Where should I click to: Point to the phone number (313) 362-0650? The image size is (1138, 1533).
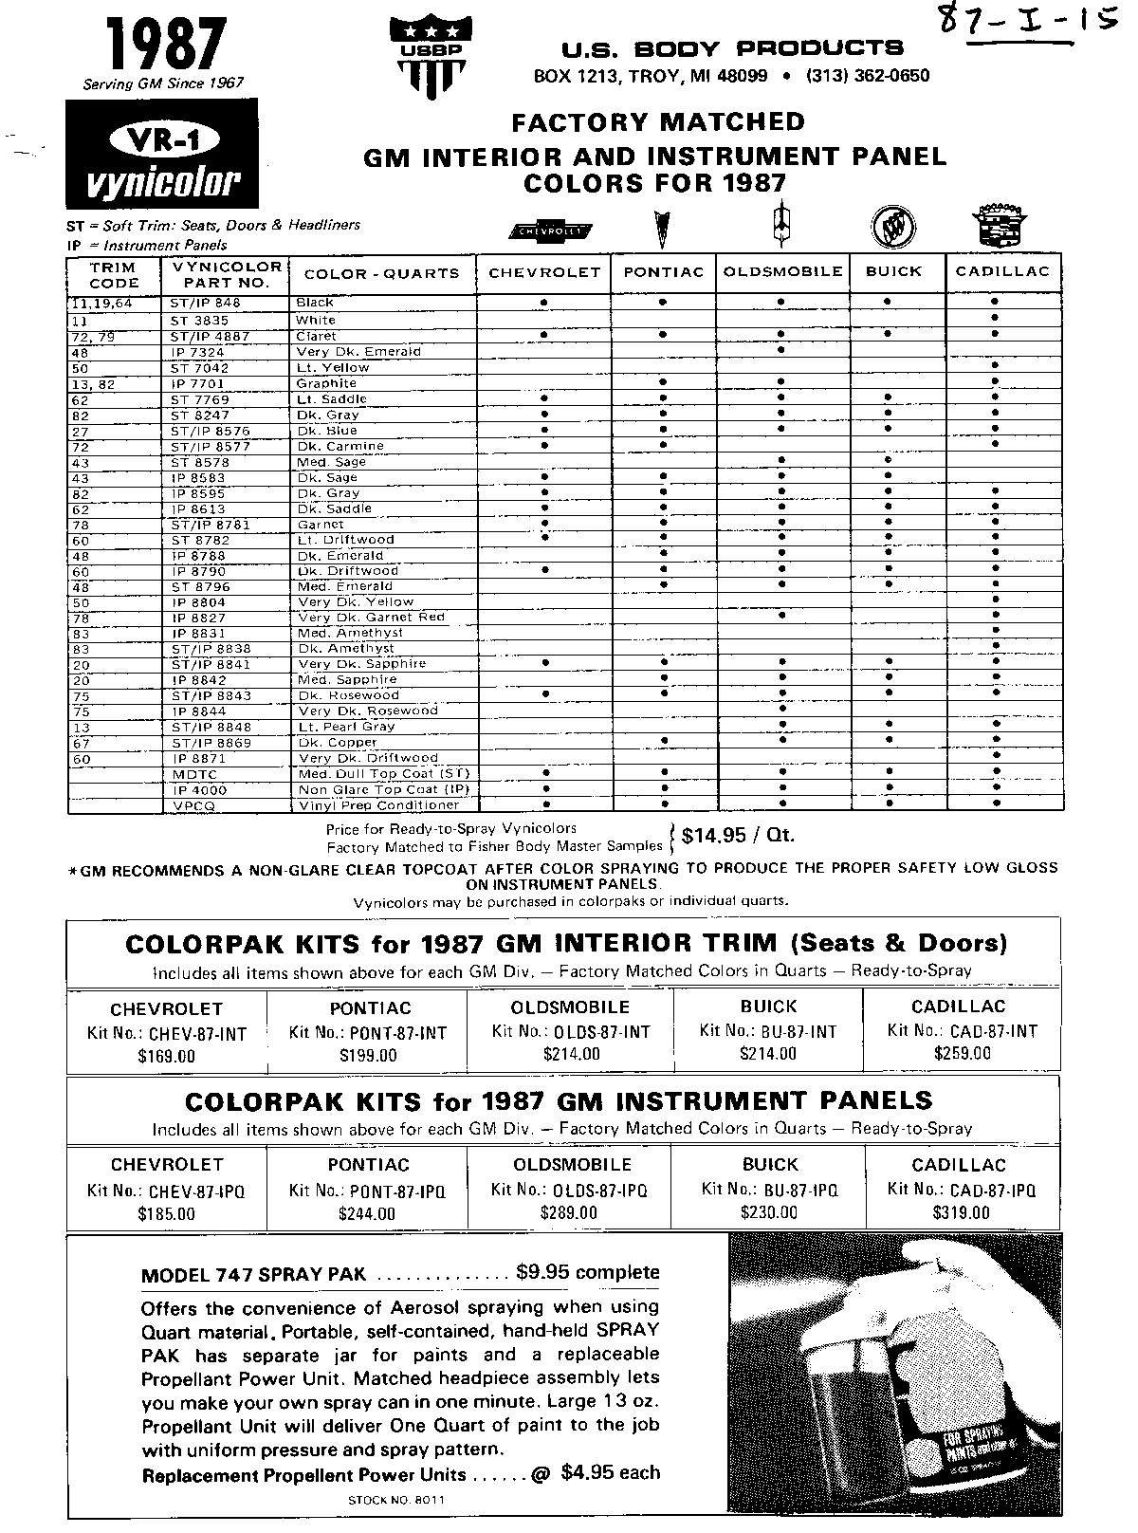[x=867, y=76]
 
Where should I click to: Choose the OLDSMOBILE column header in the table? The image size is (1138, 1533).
[x=782, y=272]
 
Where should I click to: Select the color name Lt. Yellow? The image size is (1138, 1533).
[x=332, y=367]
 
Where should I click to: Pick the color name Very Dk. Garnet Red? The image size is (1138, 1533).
[x=371, y=618]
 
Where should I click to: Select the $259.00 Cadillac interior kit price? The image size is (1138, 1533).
[x=962, y=1053]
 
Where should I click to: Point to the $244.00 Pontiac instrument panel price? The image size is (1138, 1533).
[x=368, y=1213]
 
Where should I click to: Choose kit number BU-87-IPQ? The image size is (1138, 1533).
[x=770, y=1190]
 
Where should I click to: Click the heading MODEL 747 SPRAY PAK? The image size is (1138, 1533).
[x=252, y=1275]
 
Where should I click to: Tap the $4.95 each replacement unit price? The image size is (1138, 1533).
[x=610, y=1473]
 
